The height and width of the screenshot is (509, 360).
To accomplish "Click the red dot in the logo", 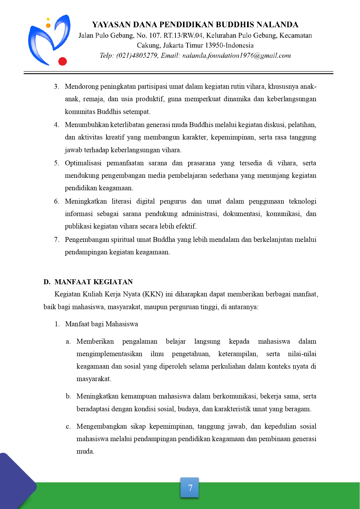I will (x=62, y=61).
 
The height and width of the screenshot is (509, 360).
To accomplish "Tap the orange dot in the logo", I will (x=48, y=26).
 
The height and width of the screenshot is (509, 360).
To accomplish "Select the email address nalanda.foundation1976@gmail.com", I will (x=236, y=56).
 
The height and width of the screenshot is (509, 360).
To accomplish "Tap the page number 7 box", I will (x=190, y=488).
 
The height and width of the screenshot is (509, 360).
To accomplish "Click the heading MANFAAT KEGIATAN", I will (x=93, y=282).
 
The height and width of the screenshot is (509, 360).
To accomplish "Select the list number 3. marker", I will (x=57, y=87).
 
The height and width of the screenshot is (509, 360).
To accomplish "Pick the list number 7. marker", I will (x=57, y=240).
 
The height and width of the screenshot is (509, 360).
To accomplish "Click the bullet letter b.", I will (x=68, y=396).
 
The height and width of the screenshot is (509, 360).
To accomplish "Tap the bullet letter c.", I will (x=68, y=427).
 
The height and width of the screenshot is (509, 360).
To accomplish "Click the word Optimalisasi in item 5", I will (x=83, y=163).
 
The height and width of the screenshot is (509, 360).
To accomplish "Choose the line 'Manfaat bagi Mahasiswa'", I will (x=102, y=324).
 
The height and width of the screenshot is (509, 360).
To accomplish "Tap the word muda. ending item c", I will (x=85, y=452).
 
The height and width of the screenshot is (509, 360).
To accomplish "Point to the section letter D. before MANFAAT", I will (x=47, y=282).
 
